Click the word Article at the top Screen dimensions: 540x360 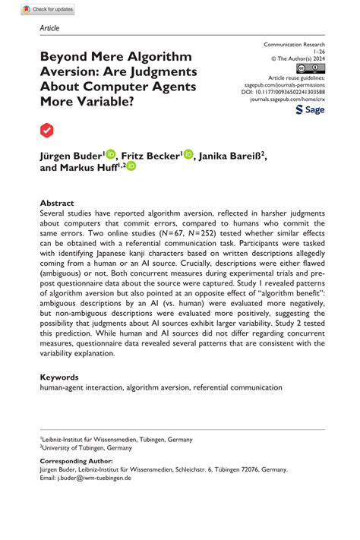[x=49, y=28]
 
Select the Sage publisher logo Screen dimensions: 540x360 [x=310, y=109]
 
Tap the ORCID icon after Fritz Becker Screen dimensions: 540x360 [x=188, y=154]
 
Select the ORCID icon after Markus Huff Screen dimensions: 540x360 [x=131, y=166]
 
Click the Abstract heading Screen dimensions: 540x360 [x=57, y=204]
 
